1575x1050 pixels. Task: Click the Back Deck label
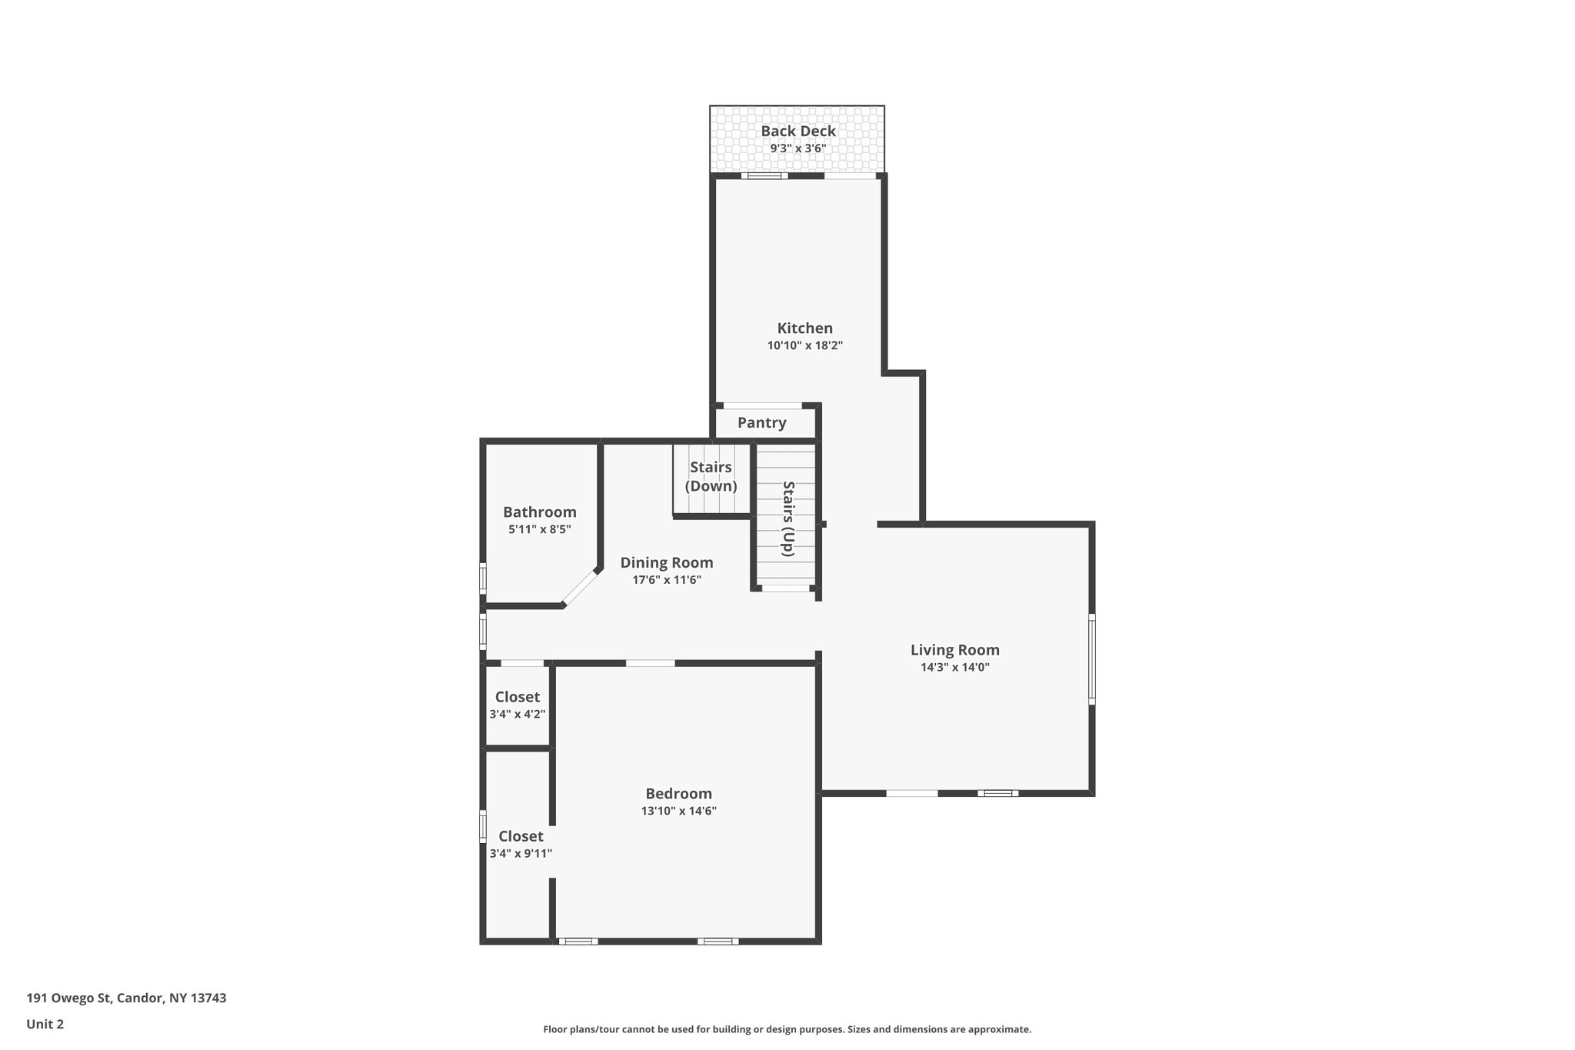pos(798,132)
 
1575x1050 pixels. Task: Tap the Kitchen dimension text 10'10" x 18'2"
pos(805,346)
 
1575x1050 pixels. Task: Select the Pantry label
pos(762,422)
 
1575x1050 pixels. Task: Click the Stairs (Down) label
pos(711,477)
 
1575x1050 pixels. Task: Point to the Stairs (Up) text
pos(788,518)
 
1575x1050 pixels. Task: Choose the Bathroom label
pos(540,512)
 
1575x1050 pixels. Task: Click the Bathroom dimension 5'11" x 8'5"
pos(540,530)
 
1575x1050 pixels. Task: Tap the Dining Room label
pos(667,563)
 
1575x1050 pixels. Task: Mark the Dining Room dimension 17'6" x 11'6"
pos(667,581)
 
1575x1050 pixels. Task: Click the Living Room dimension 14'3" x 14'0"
pos(955,668)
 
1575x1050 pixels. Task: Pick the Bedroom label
pos(679,794)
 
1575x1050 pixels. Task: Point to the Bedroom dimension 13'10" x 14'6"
pos(679,811)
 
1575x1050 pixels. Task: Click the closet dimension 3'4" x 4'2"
pos(518,715)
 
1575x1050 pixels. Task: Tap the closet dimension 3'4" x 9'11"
pos(521,854)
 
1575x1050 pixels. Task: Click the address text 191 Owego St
pos(69,998)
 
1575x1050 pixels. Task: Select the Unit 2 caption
pos(45,1025)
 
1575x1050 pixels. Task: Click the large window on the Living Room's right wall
pos(1092,659)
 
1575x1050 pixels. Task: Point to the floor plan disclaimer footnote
pos(787,1029)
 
